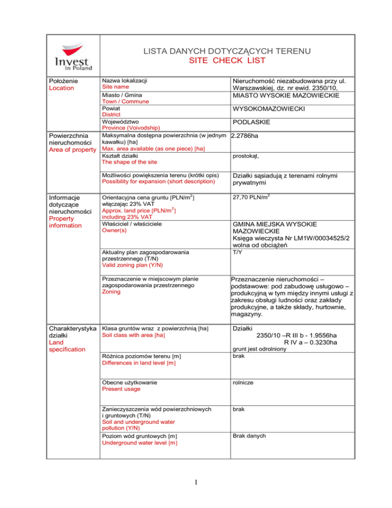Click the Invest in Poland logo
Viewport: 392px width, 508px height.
[75, 55]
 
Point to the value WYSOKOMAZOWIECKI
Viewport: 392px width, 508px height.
[268, 109]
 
